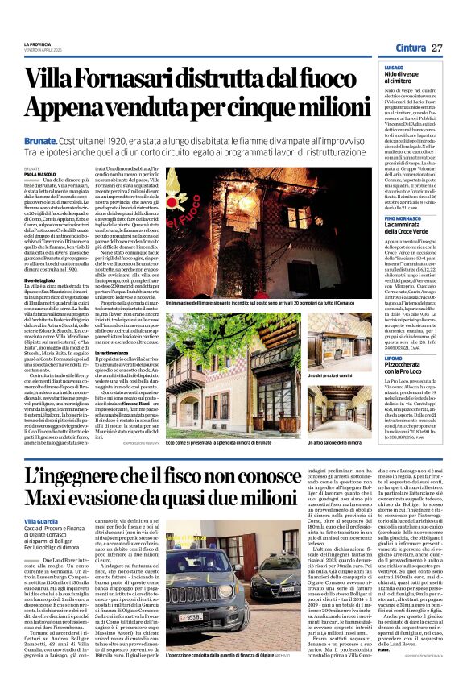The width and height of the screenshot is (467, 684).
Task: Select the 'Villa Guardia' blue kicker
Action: pos(41,500)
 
